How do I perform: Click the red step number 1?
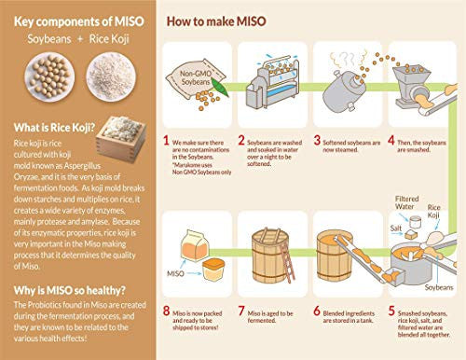tap(166, 141)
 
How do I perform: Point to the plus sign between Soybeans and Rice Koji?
tap(72, 43)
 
